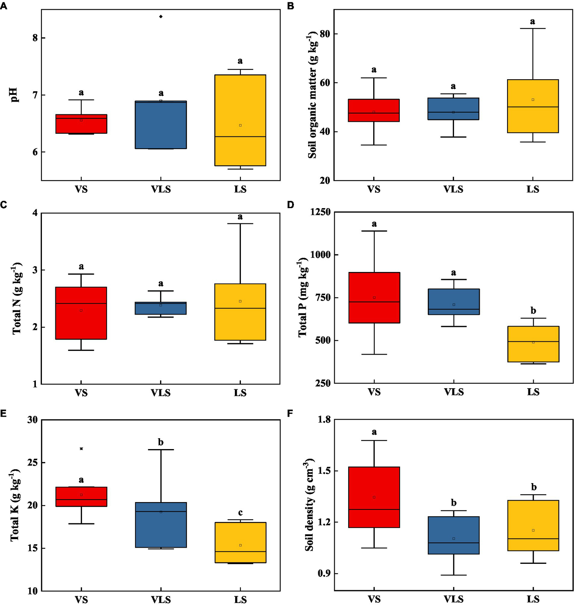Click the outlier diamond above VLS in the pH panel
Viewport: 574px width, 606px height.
(x=161, y=16)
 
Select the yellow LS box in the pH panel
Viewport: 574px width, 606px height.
(x=240, y=120)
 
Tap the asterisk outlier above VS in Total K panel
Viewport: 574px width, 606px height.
(x=81, y=449)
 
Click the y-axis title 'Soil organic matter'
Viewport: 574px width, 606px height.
(x=313, y=95)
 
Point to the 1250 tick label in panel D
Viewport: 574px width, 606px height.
(x=320, y=212)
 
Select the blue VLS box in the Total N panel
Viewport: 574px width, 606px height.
(x=161, y=308)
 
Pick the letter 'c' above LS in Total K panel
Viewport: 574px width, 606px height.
(x=240, y=513)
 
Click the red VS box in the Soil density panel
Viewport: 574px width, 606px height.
(x=374, y=497)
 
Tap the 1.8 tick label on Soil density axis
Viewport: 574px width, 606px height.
(x=324, y=420)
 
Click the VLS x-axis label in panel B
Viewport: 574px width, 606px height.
(x=453, y=189)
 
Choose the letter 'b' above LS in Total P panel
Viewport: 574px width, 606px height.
(x=533, y=310)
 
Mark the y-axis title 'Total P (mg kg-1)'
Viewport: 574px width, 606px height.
(x=303, y=297)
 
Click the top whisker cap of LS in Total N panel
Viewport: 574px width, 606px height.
(x=240, y=223)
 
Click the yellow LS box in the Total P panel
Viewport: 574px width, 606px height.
(x=533, y=344)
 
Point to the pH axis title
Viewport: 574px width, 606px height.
(x=14, y=95)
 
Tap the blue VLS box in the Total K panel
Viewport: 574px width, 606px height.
(x=161, y=525)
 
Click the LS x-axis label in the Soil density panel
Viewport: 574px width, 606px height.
(x=533, y=599)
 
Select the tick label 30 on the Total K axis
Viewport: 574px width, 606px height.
(x=33, y=420)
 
